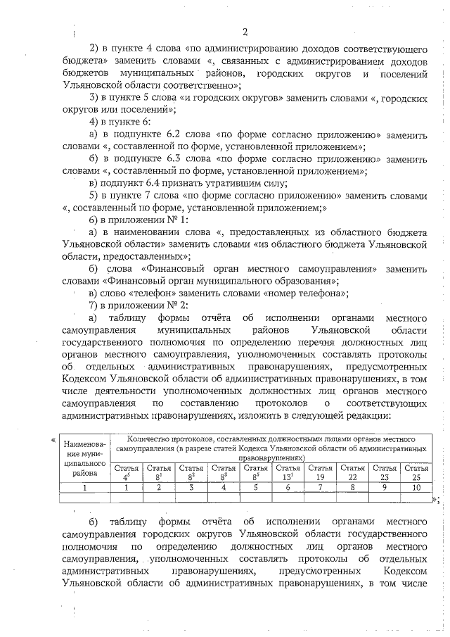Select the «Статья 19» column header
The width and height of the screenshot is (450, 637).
320,472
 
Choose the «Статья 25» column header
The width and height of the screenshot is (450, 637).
416,472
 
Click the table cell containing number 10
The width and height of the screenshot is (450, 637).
416,486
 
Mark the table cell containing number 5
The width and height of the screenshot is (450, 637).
255,486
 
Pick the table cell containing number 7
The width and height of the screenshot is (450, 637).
320,486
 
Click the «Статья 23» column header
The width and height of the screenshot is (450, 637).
385,472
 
